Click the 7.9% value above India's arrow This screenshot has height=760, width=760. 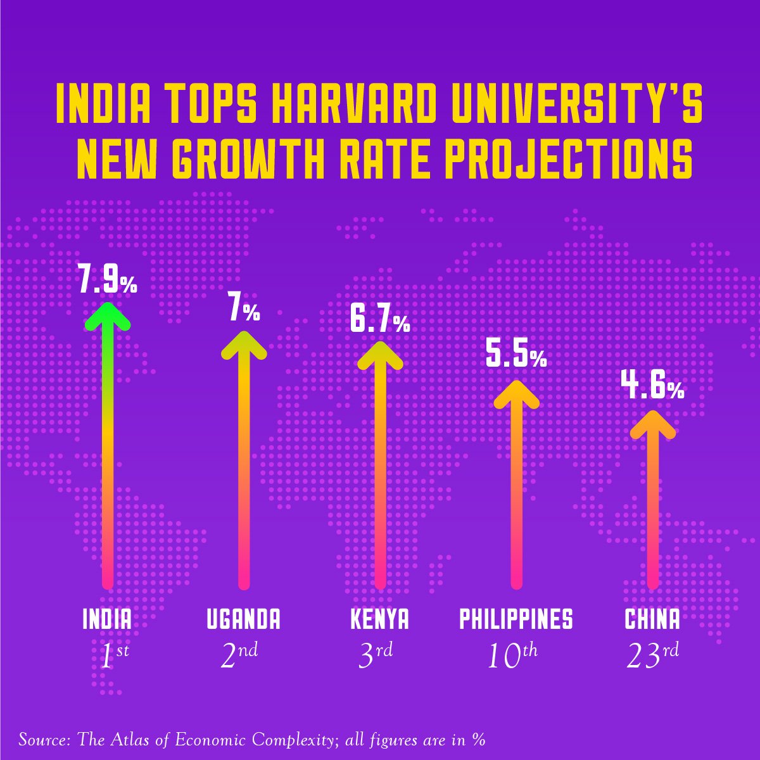[107, 280]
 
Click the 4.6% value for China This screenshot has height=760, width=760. [652, 387]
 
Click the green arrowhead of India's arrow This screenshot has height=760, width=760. [107, 315]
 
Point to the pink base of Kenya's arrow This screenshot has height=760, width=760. [380, 579]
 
